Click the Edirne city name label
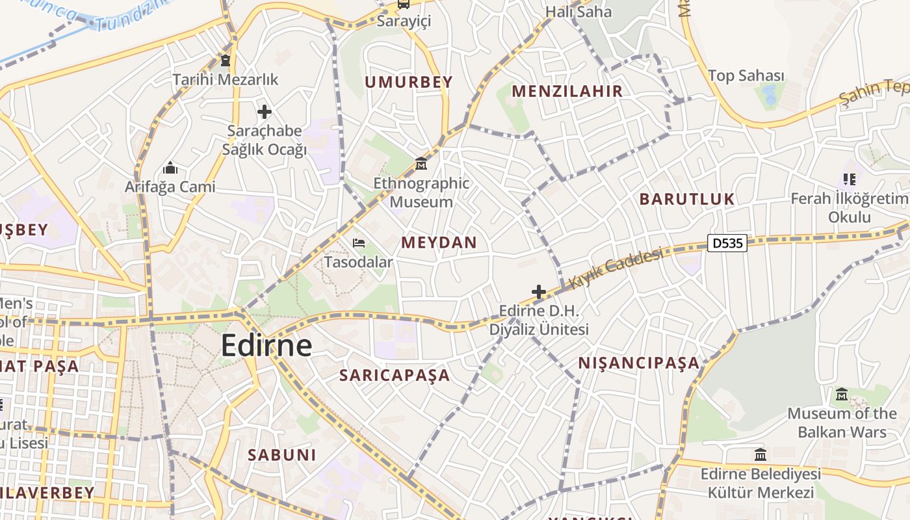point(266,345)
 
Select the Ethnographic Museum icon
point(421,162)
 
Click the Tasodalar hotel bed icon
point(358,243)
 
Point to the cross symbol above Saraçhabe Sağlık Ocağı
point(264,112)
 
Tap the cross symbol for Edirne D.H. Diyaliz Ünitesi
point(539,292)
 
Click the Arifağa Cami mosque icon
point(170,168)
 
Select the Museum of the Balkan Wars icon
point(842,394)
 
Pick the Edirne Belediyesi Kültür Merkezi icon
point(760,454)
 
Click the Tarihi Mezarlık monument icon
point(225,61)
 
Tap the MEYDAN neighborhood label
point(439,242)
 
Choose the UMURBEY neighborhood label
point(408,82)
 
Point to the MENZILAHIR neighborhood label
point(567,91)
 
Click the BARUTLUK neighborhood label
point(687,199)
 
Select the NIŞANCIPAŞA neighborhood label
point(639,363)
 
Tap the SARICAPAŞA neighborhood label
point(395,375)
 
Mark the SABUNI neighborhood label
point(281,454)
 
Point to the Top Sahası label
point(746,76)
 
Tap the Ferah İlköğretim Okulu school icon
point(849,179)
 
